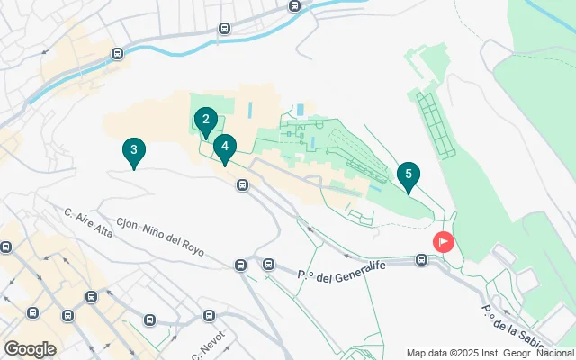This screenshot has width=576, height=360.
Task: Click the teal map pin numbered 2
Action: pyautogui.click(x=206, y=120)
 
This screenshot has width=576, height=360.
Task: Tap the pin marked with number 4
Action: pyautogui.click(x=225, y=147)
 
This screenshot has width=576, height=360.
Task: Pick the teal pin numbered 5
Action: pyautogui.click(x=409, y=175)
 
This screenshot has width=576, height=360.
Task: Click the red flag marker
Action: pyautogui.click(x=444, y=242)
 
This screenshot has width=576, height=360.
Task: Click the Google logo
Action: pyautogui.click(x=31, y=348)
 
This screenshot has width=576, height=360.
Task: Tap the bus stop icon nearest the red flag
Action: pyautogui.click(x=421, y=260)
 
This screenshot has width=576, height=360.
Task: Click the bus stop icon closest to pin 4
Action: pyautogui.click(x=242, y=185)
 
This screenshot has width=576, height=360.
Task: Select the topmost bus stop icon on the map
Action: pyautogui.click(x=294, y=6)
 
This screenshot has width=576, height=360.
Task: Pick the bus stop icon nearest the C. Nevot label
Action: pyautogui.click(x=210, y=316)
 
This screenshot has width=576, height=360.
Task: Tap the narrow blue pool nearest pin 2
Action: pyautogui.click(x=249, y=111)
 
